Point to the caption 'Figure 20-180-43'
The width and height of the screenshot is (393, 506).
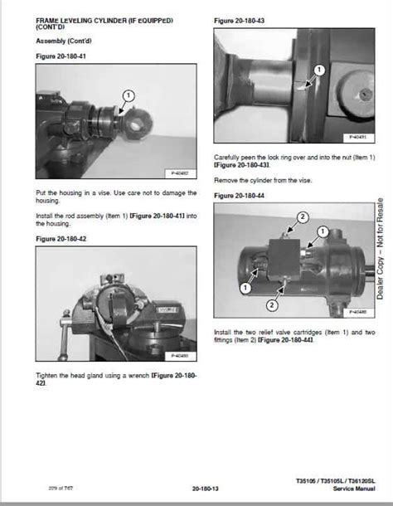[x=241, y=20]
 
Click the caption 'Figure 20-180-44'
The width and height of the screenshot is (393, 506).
[x=241, y=195]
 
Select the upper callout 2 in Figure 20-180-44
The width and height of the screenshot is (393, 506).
[x=303, y=217]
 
